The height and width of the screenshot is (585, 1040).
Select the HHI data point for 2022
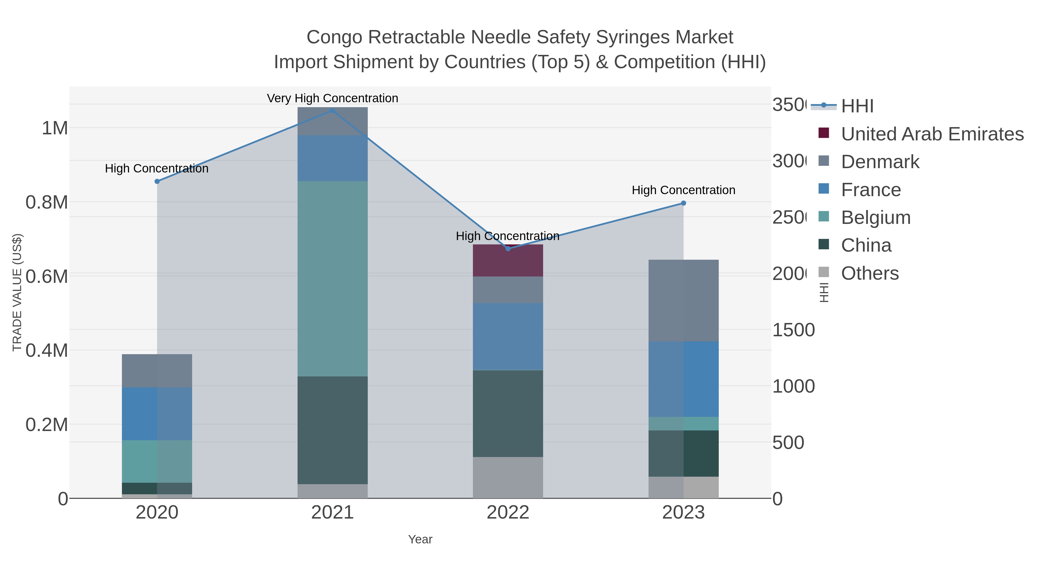point(508,249)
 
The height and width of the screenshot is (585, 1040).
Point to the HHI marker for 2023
point(683,203)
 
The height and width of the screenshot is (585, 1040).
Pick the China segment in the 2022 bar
point(508,413)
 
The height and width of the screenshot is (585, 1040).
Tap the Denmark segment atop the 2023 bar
point(683,300)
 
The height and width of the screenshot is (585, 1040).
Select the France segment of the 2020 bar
point(157,413)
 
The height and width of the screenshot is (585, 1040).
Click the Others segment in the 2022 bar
point(508,478)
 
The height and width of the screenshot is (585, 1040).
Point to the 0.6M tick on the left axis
point(47,276)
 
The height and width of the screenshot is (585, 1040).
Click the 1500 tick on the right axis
point(793,330)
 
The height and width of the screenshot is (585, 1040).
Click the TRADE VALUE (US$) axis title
point(17,292)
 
